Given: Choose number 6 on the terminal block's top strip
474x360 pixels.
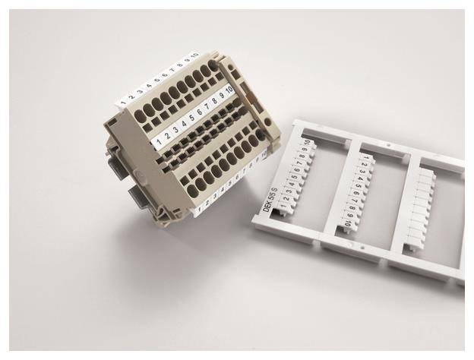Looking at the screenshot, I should tap(165, 74).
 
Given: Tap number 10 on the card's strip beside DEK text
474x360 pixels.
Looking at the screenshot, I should tap(306, 144).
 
